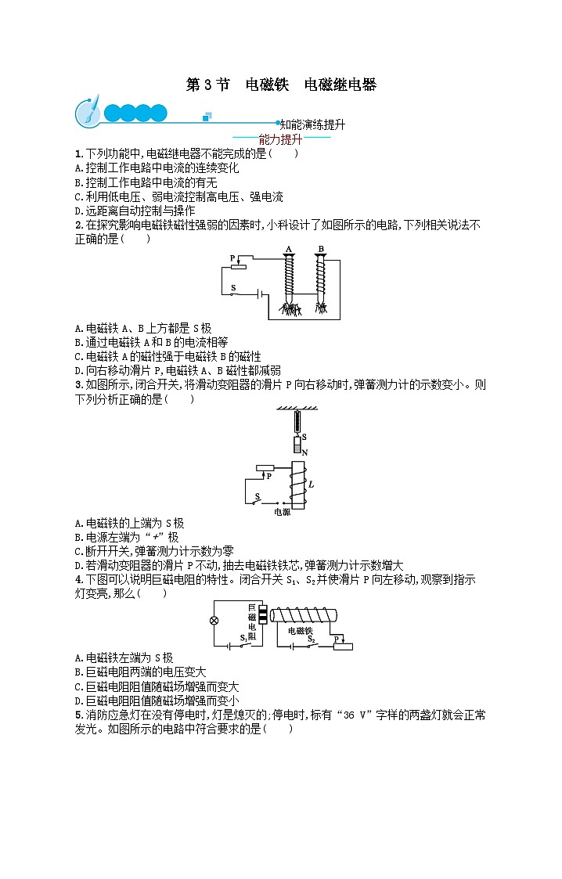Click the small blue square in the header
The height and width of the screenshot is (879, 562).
click(x=207, y=117)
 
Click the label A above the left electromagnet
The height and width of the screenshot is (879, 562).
click(x=288, y=250)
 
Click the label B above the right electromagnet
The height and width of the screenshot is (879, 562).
click(x=320, y=250)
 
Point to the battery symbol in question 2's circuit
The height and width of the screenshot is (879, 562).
click(x=258, y=295)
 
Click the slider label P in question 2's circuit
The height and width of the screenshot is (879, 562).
click(x=232, y=258)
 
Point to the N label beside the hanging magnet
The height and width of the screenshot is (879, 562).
click(x=304, y=452)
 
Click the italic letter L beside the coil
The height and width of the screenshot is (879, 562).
click(x=311, y=485)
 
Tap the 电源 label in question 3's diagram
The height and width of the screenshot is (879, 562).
click(x=281, y=513)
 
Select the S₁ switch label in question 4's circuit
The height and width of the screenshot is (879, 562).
click(x=243, y=639)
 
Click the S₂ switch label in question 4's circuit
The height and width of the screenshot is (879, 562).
click(x=311, y=639)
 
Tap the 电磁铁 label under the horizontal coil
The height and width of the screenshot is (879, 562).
click(x=300, y=630)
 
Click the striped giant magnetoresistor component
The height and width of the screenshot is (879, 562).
click(x=263, y=615)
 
